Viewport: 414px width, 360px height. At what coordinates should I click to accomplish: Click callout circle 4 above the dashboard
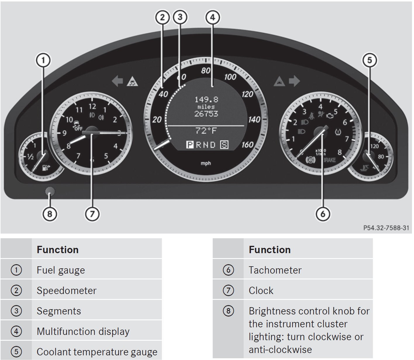pos(212,17)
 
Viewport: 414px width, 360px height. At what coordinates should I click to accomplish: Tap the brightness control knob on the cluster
pos(50,192)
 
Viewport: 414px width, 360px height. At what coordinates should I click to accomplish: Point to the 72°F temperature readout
pos(206,131)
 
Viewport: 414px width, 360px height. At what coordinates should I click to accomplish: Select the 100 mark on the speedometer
pos(230,77)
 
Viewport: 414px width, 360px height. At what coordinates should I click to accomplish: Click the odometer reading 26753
pos(206,114)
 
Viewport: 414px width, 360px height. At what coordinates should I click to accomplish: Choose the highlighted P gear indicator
pos(190,145)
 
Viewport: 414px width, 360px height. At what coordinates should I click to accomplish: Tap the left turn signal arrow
pos(117,81)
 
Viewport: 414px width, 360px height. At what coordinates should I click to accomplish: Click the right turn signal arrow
pos(295,81)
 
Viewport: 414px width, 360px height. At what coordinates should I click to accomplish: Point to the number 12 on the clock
pos(92,106)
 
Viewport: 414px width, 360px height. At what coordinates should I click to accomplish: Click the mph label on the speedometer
pos(206,163)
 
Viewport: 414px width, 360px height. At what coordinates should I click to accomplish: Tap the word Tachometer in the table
pos(275,270)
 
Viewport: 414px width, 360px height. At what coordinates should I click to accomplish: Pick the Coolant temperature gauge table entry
pos(97,352)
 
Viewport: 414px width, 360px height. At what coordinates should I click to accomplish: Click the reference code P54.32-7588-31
pos(386,228)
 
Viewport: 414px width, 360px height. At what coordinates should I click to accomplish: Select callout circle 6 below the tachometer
pos(323,214)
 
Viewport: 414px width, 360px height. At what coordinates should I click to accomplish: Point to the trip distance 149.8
pos(206,100)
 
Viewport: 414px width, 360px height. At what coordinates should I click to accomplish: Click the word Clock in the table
pos(261,291)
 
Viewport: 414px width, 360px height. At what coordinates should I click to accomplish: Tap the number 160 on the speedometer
pos(247,145)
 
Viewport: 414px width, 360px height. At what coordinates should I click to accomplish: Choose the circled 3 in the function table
pos(16,311)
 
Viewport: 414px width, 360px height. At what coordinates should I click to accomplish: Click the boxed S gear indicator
pos(224,145)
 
